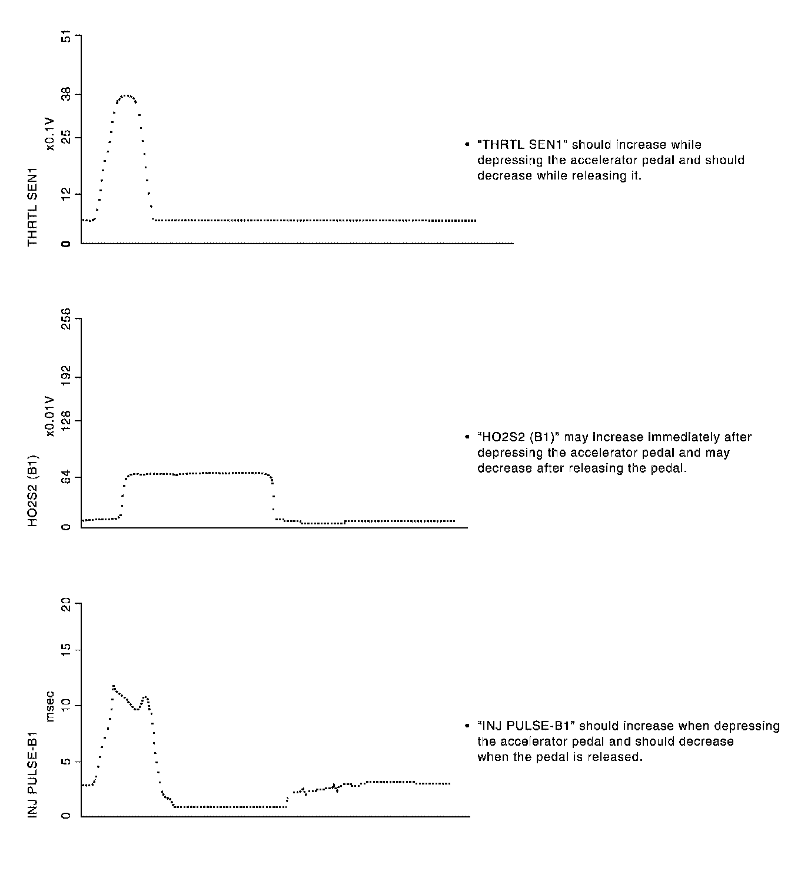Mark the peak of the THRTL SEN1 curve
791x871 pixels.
[x=127, y=95]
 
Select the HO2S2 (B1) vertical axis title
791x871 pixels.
[x=33, y=490]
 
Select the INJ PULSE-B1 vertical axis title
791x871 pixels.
[x=33, y=774]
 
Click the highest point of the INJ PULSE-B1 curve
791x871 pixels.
[x=113, y=686]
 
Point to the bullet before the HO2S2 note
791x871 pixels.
[x=467, y=437]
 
